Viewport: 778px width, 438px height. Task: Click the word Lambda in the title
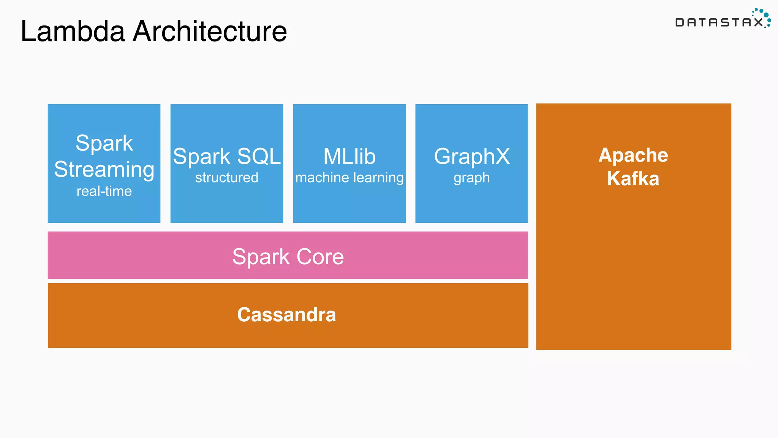tap(73, 31)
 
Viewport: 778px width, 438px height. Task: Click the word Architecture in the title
tap(210, 31)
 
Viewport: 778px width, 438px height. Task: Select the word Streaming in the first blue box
tap(104, 170)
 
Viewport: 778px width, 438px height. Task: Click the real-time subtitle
tap(104, 191)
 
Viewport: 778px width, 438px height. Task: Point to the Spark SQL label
tap(226, 156)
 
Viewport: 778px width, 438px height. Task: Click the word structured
tap(226, 178)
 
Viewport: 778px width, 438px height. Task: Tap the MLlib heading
tap(349, 156)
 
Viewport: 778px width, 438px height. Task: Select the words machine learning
tap(349, 178)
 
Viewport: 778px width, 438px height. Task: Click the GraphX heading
tap(472, 156)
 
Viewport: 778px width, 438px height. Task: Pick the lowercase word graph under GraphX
tap(472, 178)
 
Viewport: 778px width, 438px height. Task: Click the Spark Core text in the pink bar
tap(288, 257)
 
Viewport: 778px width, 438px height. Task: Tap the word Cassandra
tap(286, 315)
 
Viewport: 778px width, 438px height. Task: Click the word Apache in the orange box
tap(633, 155)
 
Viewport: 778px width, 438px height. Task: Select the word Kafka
tap(633, 179)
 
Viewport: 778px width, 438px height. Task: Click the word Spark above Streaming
tap(104, 143)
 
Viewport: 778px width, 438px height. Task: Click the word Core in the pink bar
tap(320, 257)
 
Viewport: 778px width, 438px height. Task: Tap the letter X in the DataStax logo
tap(758, 22)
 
